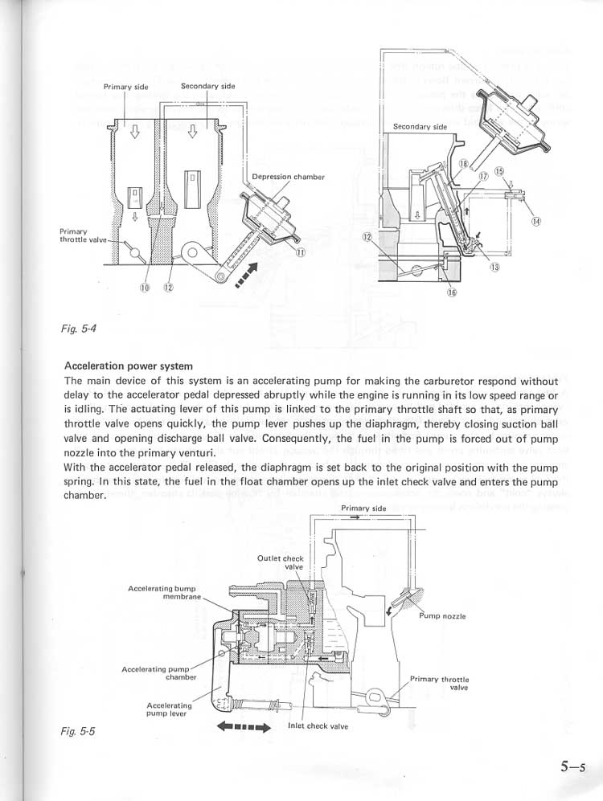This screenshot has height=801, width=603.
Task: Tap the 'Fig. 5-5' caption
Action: (76, 732)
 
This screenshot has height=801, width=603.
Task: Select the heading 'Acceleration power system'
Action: (128, 366)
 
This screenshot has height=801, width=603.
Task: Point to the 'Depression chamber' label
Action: (288, 177)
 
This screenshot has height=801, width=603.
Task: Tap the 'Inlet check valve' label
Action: (318, 726)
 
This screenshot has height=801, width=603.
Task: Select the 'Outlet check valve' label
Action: (281, 562)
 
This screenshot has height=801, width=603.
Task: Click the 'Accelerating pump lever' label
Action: (170, 709)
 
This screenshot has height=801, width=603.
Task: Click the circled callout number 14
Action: (536, 222)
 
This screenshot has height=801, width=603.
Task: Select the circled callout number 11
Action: (301, 252)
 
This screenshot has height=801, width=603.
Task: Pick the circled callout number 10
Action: (145, 288)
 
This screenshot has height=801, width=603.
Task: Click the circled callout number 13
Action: (494, 268)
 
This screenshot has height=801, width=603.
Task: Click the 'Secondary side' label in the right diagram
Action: (420, 127)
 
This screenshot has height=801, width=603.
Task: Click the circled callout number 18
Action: (464, 164)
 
